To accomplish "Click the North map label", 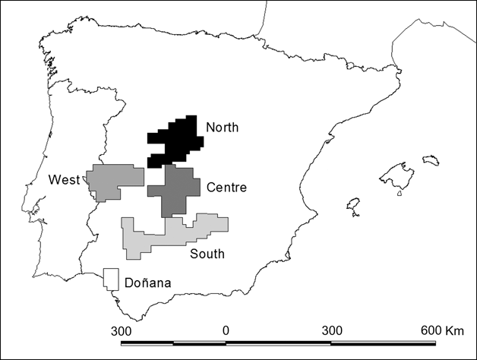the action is [x=222, y=128].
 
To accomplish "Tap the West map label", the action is [x=64, y=180].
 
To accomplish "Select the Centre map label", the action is [x=226, y=188].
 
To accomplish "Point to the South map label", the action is [x=207, y=254].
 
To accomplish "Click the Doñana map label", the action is [x=150, y=284].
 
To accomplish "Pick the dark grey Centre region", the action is [x=173, y=191].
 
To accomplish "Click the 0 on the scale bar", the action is [x=226, y=331].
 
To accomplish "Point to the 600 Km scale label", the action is [x=441, y=331].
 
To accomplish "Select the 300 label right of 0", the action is [x=332, y=331].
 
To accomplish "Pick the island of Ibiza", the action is [x=352, y=206].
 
